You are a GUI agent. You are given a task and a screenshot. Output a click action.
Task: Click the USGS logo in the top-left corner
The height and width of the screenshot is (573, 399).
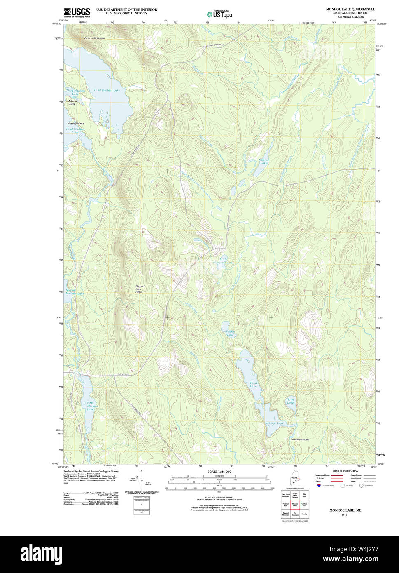pos(77,12)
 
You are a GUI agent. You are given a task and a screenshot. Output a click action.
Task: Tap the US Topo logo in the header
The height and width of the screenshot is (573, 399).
pos(219,14)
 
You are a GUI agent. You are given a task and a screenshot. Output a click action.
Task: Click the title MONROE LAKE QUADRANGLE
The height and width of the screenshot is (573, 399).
pos(350,9)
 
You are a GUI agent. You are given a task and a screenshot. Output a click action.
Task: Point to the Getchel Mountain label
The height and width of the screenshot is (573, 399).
pos(94,38)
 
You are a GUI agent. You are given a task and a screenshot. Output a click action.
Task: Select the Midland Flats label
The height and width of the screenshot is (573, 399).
pos(72,103)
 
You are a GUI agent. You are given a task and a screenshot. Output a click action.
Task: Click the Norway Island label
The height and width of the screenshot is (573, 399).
pos(76,124)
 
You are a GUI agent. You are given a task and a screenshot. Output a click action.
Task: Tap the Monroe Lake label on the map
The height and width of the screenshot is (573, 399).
pos(263,161)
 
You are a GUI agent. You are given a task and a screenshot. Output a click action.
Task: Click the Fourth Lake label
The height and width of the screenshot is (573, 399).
pos(230,333)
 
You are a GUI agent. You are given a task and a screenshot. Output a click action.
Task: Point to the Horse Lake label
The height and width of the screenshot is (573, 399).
pos(290,401)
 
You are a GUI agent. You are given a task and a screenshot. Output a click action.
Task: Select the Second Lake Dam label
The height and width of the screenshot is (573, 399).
pos(300,439)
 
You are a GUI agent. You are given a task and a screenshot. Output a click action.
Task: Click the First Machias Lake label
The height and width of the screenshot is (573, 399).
pos(90,406)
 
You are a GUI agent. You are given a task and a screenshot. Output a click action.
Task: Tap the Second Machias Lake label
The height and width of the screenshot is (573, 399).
pos(75,292)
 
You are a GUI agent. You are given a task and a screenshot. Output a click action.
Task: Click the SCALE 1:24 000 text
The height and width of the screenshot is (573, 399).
pos(219,472)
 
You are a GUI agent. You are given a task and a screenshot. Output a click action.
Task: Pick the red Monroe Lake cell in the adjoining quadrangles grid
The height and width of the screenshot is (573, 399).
pos(295,504)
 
